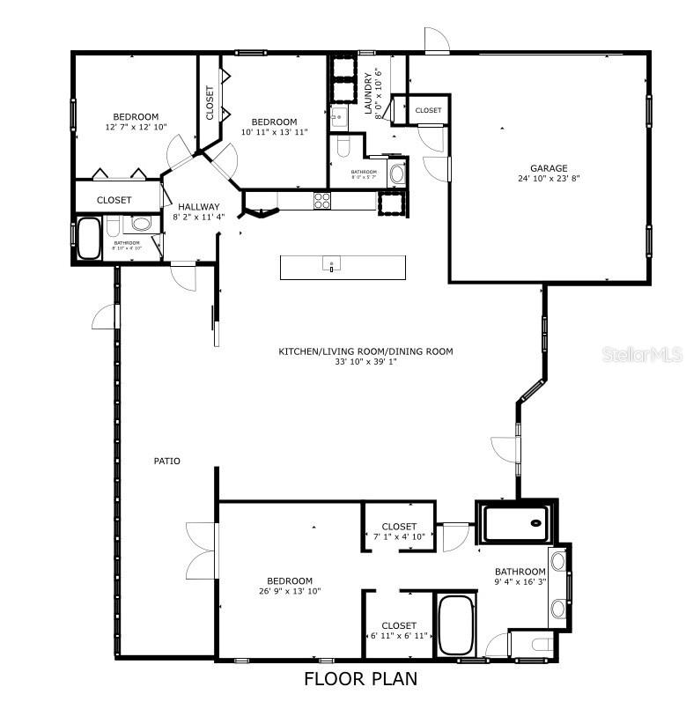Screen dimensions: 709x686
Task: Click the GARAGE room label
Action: [x=548, y=168]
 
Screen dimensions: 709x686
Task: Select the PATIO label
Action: [x=167, y=461]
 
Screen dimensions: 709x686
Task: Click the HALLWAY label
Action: [x=198, y=207]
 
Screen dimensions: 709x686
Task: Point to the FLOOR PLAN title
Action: [x=360, y=679]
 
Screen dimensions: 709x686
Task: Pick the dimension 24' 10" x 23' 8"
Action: [x=548, y=180]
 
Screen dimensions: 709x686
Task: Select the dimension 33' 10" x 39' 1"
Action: [x=365, y=362]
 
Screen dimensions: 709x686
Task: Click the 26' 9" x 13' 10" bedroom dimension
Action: [x=290, y=591]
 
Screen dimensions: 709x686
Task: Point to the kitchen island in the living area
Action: [x=343, y=267]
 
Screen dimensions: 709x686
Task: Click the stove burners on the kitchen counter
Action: [x=322, y=200]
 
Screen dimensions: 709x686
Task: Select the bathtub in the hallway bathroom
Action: [x=88, y=238]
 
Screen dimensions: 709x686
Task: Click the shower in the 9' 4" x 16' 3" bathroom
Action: [x=514, y=523]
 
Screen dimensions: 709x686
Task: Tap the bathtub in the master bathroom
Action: [x=455, y=624]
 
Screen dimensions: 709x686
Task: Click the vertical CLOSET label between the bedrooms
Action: [x=210, y=102]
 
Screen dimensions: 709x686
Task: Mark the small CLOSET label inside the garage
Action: [x=428, y=110]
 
